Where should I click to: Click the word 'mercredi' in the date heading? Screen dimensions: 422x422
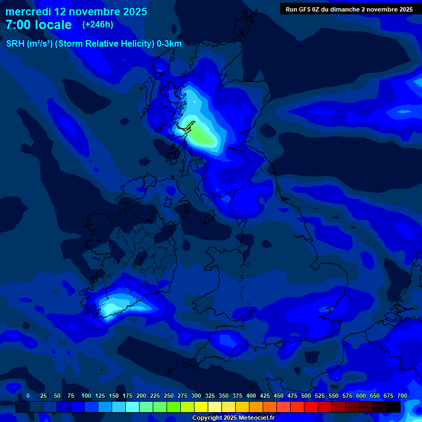[x=27, y=12]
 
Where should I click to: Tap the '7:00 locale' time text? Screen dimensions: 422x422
[x=38, y=25]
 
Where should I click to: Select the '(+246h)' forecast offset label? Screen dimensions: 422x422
[x=97, y=25]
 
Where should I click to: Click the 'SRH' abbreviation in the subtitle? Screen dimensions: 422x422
[x=15, y=44]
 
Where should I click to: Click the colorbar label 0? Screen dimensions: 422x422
[x=28, y=396]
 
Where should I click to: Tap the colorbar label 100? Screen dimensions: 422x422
[x=86, y=396]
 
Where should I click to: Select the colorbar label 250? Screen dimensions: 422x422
[x=169, y=396]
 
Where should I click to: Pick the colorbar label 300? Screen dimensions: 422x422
[x=196, y=396]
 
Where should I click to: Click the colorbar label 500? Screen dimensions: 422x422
[x=306, y=396]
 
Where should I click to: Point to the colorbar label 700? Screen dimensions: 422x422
[x=402, y=396]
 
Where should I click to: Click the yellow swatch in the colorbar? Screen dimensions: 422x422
[x=201, y=407]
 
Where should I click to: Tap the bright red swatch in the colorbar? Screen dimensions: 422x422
[x=311, y=407]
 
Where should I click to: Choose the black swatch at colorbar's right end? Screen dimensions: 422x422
[x=393, y=407]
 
